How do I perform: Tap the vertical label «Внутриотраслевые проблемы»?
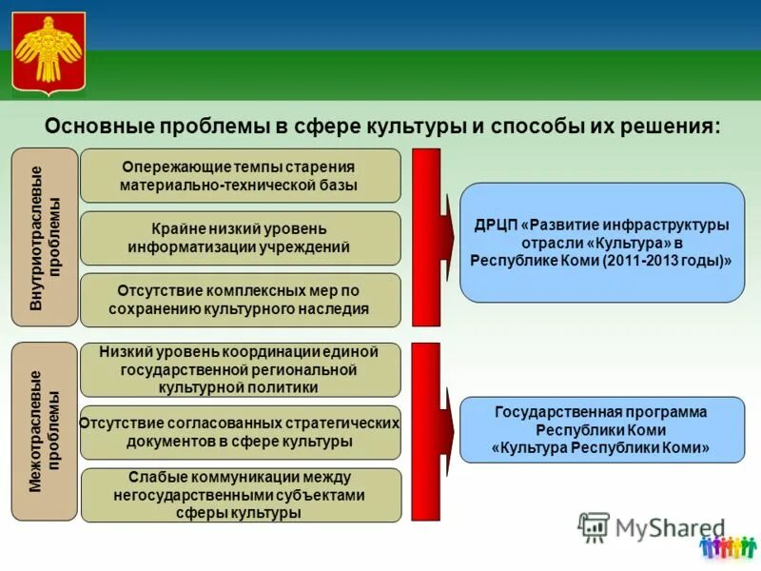(x=44, y=237)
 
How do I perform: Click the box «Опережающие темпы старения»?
(x=240, y=175)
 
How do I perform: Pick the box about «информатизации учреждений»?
(x=240, y=238)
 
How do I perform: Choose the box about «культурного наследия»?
(x=240, y=300)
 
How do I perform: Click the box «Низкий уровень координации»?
(x=240, y=369)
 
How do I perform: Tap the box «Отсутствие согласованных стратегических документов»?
(x=240, y=432)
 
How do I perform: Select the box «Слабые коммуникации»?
(x=240, y=495)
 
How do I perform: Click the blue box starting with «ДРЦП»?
(x=601, y=243)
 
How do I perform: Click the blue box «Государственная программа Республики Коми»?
(x=601, y=430)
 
